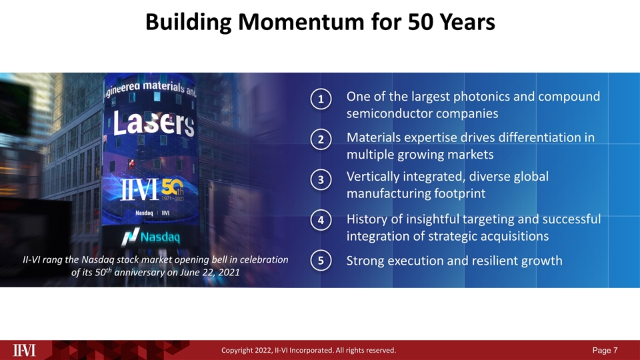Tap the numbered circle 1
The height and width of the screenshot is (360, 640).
pyautogui.click(x=321, y=99)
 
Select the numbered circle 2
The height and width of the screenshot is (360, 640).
pyautogui.click(x=321, y=139)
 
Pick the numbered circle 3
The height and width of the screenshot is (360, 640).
pyautogui.click(x=321, y=180)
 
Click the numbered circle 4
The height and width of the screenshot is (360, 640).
pyautogui.click(x=321, y=220)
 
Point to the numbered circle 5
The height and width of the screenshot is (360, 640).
pyautogui.click(x=321, y=261)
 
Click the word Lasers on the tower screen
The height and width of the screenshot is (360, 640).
pyautogui.click(x=153, y=124)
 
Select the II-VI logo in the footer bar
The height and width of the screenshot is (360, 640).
pyautogui.click(x=25, y=349)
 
